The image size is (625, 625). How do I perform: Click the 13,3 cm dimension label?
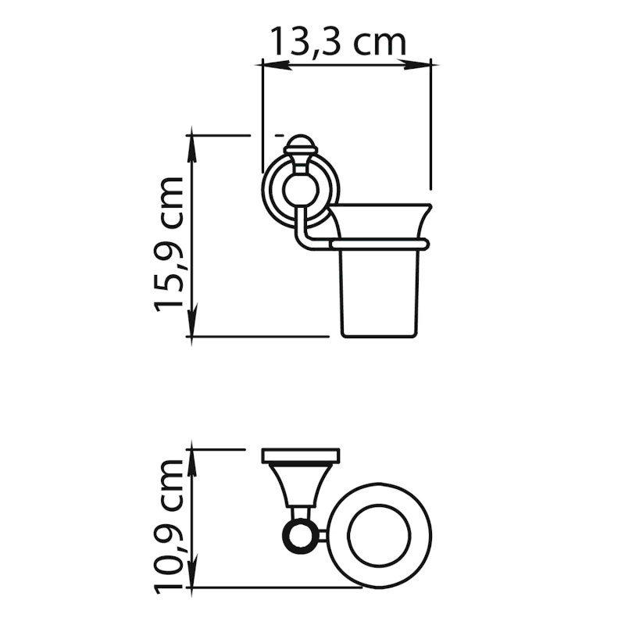coord(339,41)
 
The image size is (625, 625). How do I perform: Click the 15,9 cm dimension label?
coord(169,244)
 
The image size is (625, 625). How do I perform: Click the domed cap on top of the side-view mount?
coord(301,144)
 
